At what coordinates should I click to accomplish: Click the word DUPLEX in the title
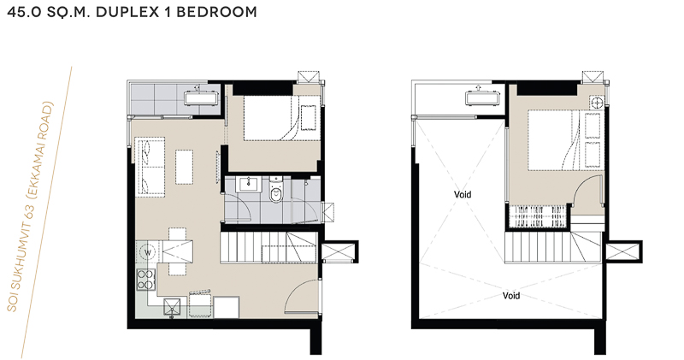[x=127, y=12]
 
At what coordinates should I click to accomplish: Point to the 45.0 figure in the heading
[x=24, y=12]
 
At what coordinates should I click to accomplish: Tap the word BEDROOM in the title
[x=216, y=12]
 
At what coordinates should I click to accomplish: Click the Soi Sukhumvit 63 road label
[x=30, y=207]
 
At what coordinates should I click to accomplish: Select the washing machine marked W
[x=148, y=252]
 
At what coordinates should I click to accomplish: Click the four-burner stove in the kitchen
[x=146, y=280]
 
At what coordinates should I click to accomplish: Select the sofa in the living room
[x=150, y=166]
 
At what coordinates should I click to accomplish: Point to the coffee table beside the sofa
[x=184, y=167]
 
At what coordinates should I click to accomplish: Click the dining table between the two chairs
[x=177, y=251]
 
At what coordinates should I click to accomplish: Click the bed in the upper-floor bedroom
[x=552, y=140]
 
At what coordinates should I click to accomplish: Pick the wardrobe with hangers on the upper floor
[x=539, y=217]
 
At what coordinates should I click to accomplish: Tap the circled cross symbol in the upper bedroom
[x=596, y=103]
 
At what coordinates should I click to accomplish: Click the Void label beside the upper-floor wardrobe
[x=463, y=195]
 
